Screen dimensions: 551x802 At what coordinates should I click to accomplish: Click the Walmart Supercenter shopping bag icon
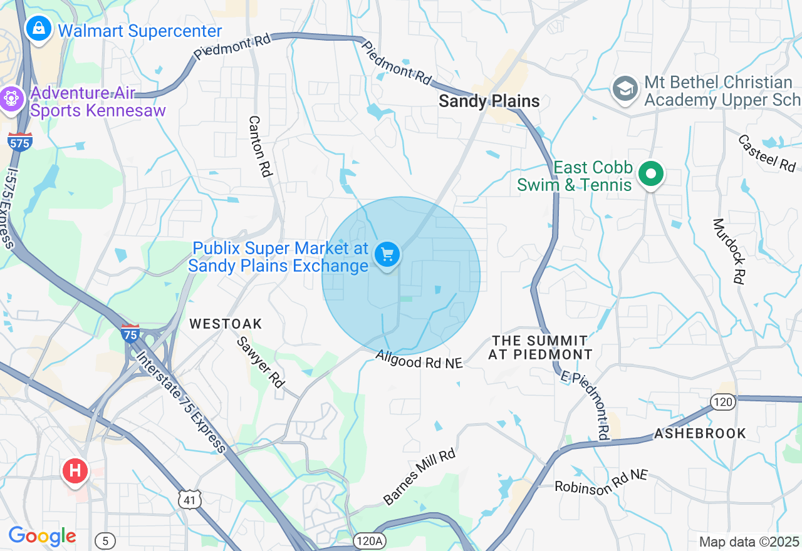tap(39, 29)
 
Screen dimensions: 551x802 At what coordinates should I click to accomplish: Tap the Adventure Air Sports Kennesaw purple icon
tap(11, 100)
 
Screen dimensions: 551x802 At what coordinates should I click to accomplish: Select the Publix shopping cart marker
tap(388, 255)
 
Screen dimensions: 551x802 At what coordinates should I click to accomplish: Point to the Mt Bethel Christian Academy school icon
tap(625, 89)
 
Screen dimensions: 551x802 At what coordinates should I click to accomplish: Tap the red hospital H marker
tap(75, 470)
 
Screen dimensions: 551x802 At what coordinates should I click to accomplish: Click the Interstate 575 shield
tap(20, 142)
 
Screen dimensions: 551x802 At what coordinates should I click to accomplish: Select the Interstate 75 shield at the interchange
tap(130, 333)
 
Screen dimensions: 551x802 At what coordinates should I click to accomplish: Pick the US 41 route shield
tap(189, 499)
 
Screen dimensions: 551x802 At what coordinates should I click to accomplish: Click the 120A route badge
tap(370, 540)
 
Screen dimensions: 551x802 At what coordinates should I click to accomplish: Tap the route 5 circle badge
tap(105, 540)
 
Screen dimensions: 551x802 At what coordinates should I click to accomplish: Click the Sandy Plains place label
tap(489, 101)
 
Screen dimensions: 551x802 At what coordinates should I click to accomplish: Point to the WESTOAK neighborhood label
tap(226, 324)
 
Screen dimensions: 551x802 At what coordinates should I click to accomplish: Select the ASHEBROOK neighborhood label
tap(700, 433)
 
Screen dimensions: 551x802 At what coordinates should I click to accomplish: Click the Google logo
tap(42, 536)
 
